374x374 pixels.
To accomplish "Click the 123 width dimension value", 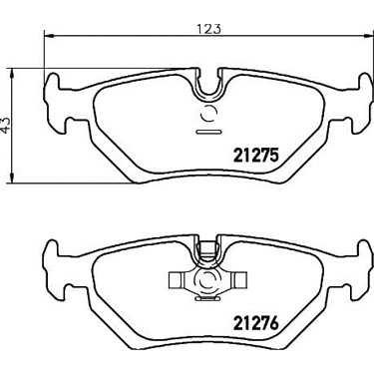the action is (x=209, y=29).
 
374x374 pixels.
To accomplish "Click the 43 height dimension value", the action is (x=7, y=126).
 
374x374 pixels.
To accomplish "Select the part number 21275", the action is (x=256, y=156).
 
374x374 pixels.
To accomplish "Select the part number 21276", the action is (x=256, y=322).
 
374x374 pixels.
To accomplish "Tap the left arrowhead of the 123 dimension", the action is (x=49, y=35).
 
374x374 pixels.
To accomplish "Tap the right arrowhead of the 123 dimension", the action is (x=368, y=35).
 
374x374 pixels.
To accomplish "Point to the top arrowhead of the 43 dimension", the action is (x=12, y=74).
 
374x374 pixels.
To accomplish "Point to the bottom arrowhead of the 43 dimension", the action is (x=12, y=178).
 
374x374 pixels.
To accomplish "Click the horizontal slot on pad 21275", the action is (x=208, y=132).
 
